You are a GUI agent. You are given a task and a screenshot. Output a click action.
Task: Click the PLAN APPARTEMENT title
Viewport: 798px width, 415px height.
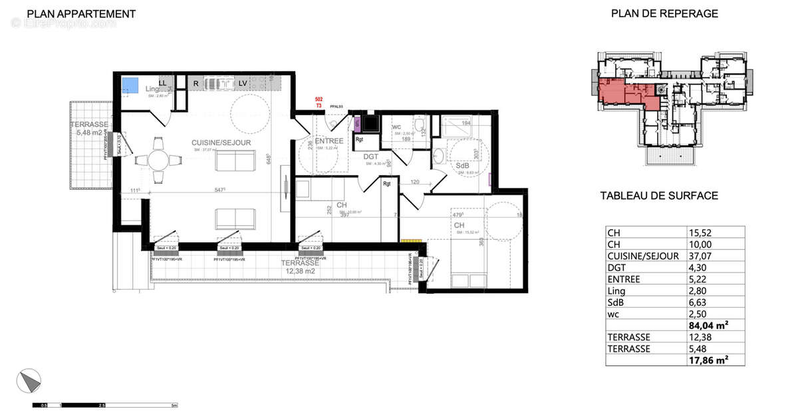(82, 14)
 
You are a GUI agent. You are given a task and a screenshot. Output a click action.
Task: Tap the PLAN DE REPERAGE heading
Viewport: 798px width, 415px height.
(664, 14)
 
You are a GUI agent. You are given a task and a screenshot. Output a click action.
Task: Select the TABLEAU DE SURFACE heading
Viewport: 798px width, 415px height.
(659, 196)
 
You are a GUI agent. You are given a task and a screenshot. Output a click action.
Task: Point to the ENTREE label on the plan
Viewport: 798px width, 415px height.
(329, 141)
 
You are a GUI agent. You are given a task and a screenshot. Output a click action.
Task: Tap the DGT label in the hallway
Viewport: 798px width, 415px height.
(370, 157)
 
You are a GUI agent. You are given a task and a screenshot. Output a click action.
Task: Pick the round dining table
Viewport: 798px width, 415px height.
(158, 160)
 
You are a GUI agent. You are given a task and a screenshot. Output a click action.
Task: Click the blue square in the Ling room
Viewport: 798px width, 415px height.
(130, 85)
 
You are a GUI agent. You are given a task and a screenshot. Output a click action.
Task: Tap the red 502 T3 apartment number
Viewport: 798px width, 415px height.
(319, 103)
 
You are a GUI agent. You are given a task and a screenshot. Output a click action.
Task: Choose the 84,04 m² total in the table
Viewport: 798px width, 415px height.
(708, 325)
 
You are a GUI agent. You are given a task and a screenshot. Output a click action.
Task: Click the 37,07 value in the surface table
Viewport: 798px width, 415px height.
(700, 256)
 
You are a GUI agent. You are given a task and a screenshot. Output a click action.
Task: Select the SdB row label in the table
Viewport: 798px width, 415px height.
(616, 302)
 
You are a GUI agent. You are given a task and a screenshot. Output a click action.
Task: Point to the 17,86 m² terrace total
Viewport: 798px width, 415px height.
(708, 360)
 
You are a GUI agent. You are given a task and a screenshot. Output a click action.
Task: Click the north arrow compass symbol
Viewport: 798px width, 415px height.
(29, 380)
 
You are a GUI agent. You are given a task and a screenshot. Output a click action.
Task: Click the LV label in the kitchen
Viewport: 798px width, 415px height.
(243, 83)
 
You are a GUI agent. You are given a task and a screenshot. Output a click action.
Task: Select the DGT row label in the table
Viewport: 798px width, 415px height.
(618, 267)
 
